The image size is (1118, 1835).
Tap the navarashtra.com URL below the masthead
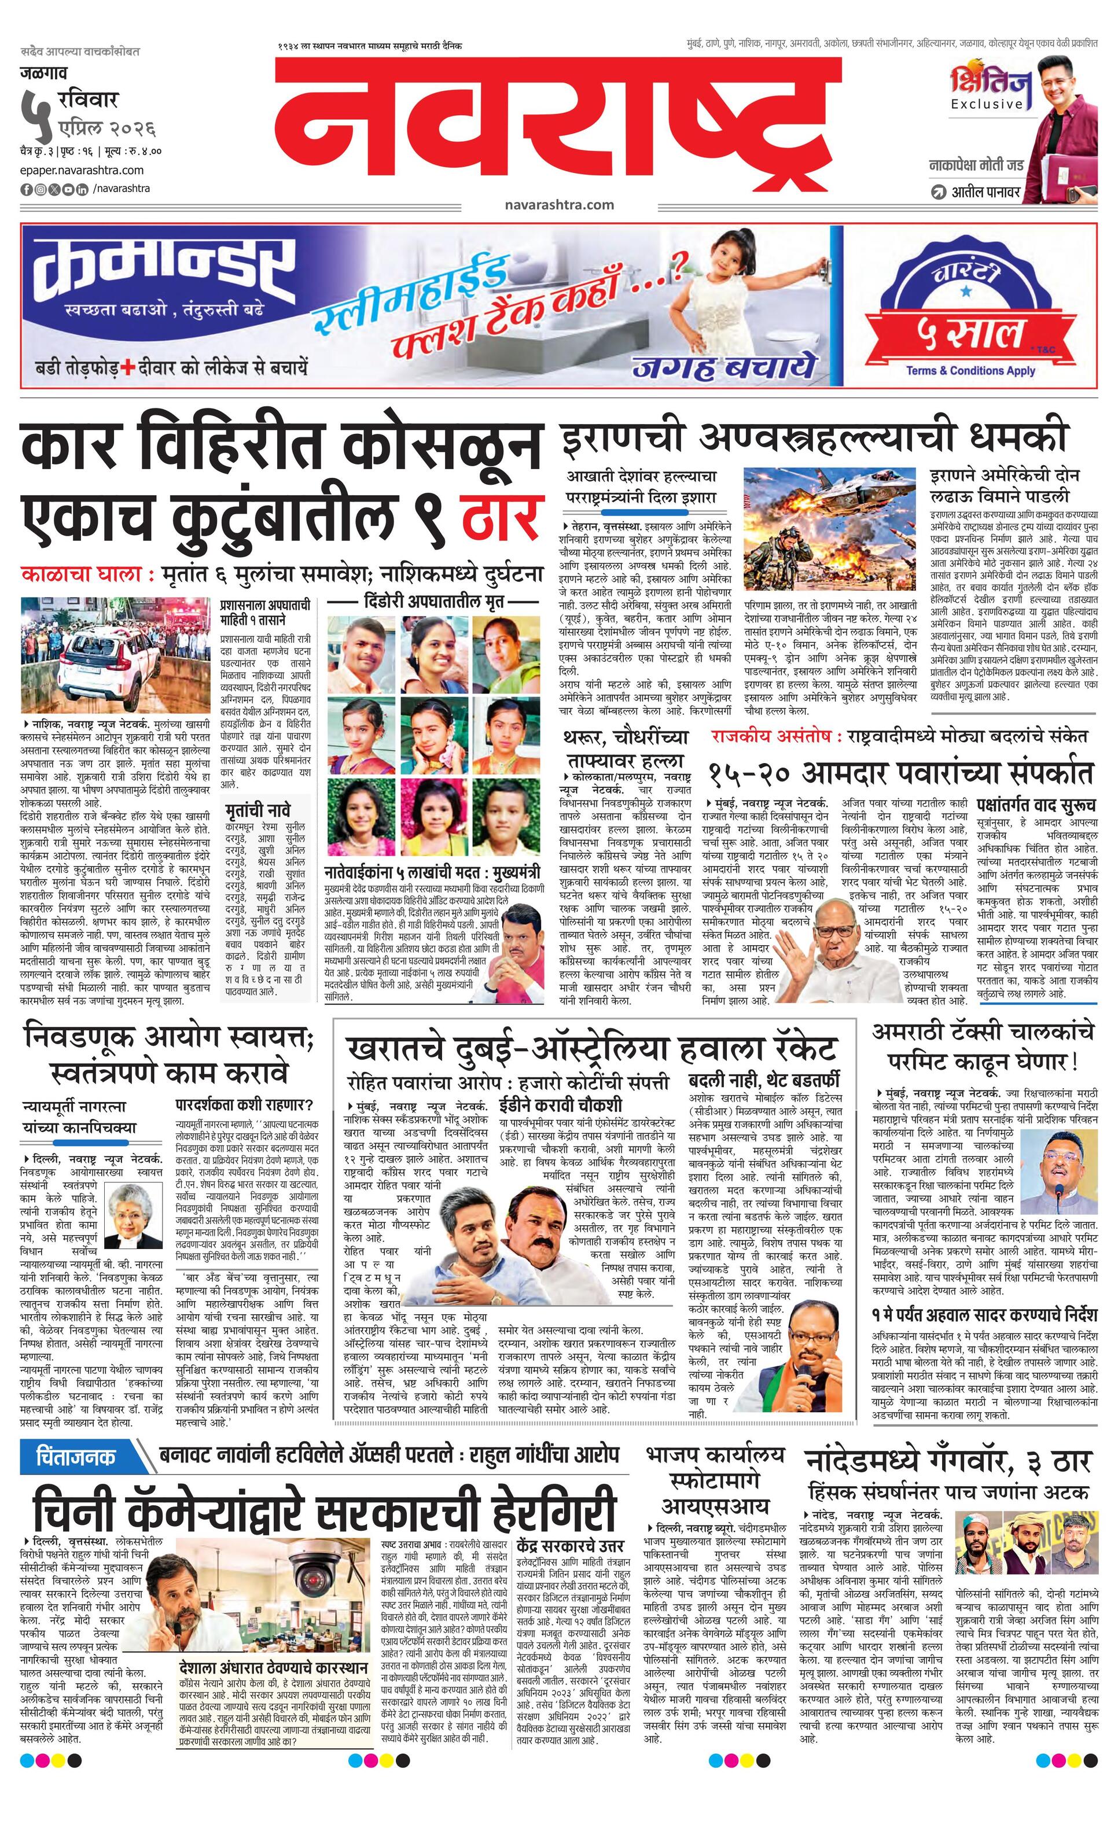558,205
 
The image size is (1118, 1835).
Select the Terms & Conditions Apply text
970,370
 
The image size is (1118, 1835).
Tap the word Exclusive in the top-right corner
986,104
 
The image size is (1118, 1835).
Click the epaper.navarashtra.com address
82,171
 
